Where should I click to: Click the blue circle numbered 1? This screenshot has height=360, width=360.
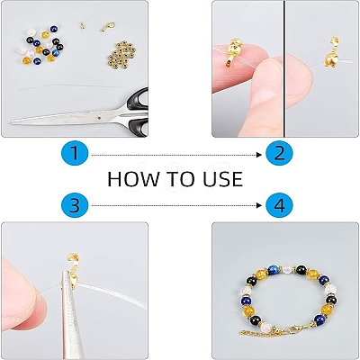tap(75, 154)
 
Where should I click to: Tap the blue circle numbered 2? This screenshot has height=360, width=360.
tap(279, 154)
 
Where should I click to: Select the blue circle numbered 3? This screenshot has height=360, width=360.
tap(75, 205)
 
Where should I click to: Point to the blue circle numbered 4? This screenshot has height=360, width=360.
tap(279, 205)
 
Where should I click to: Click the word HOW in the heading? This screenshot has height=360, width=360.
tap(133, 179)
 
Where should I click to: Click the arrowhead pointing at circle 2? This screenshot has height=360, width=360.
tap(260, 155)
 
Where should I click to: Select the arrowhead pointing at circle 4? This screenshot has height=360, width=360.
tap(260, 205)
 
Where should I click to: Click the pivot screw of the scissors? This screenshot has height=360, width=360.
tap(100, 118)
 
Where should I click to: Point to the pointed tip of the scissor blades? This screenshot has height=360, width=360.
tap(12, 121)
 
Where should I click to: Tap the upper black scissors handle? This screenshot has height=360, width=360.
tap(138, 100)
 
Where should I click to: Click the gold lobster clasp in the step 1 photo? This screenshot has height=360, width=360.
tap(108, 27)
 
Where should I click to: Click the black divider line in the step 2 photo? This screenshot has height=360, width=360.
tap(284, 68)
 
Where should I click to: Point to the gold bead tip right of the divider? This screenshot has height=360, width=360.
tap(332, 56)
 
